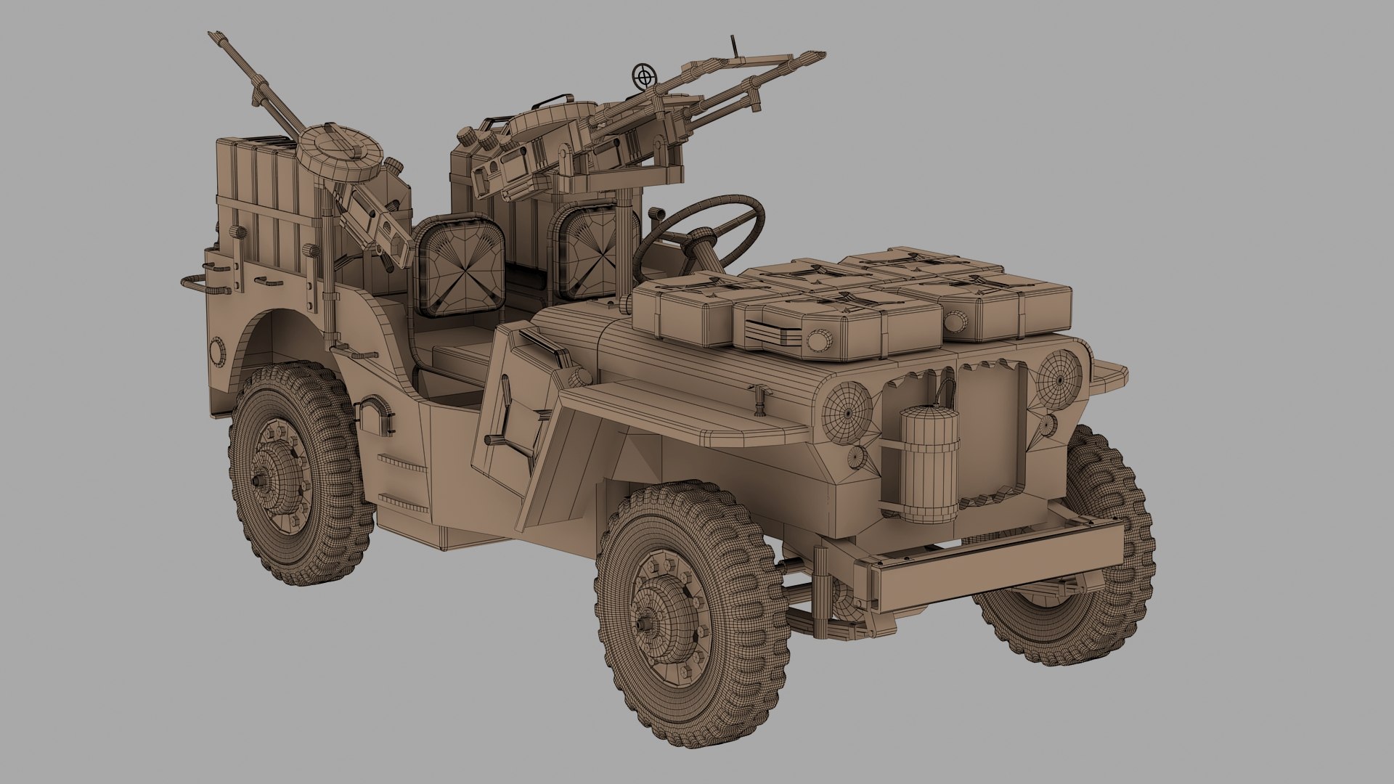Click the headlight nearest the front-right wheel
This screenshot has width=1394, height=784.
tap(847, 409)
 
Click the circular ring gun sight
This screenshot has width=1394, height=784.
tap(642, 74)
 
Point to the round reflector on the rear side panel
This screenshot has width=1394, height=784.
tap(216, 352)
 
